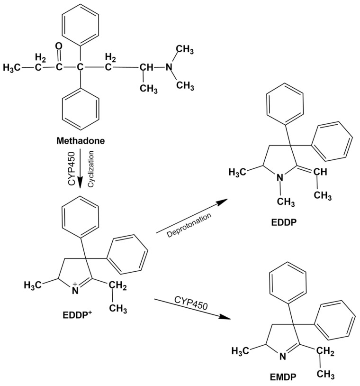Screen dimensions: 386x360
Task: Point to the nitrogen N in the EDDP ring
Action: click(281, 178)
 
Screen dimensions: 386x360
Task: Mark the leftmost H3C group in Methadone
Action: click(13, 68)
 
